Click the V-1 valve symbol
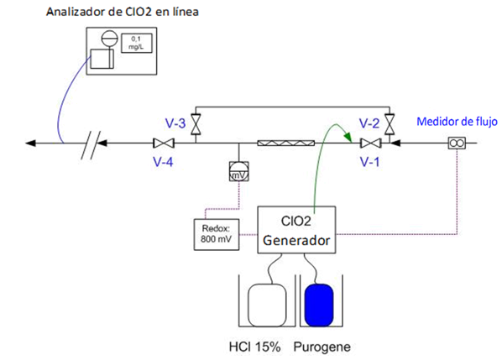point(371,143)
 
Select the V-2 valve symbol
point(390,124)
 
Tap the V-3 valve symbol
point(196,124)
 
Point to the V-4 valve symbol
point(164,143)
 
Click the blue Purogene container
point(319,305)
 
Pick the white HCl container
point(267,305)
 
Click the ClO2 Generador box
point(296,230)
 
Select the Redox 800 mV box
point(217,234)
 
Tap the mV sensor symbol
point(239,171)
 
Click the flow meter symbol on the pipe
point(457,143)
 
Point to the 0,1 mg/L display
point(136,43)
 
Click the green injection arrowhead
point(348,138)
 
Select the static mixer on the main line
point(286,143)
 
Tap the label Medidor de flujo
point(457,122)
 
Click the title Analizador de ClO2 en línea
point(123,12)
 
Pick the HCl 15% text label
point(255,347)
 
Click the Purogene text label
point(322,347)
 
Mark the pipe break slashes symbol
point(91,145)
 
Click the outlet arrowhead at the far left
point(31,143)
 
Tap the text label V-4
point(164,162)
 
